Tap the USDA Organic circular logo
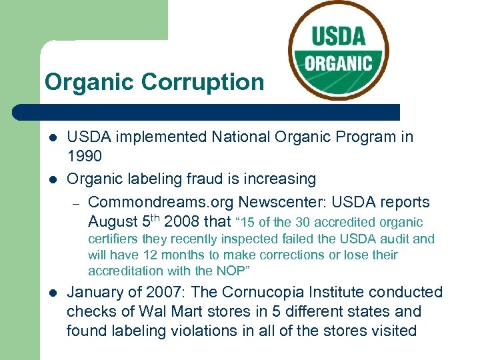[339, 50]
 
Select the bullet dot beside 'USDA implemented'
[53, 138]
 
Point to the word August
[112, 221]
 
